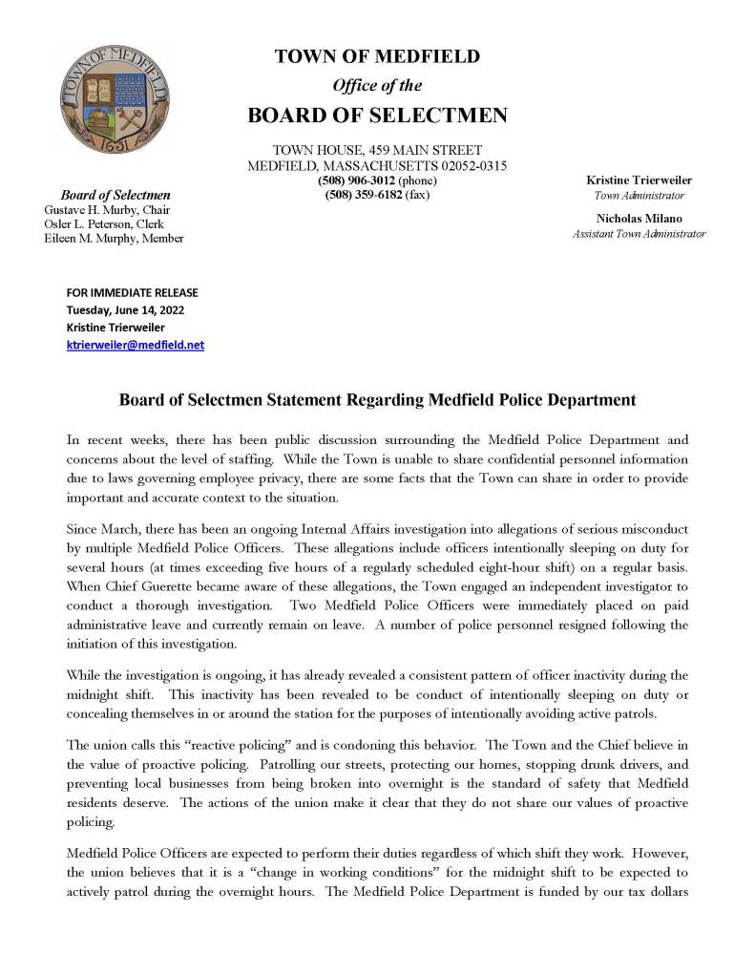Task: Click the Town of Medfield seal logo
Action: pyautogui.click(x=99, y=100)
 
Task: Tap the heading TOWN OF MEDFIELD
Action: pyautogui.click(x=377, y=57)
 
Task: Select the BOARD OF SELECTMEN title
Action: pyautogui.click(x=377, y=116)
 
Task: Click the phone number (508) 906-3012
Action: pyautogui.click(x=356, y=181)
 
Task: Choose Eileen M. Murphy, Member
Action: pyautogui.click(x=114, y=238)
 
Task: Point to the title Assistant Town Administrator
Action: pyautogui.click(x=639, y=234)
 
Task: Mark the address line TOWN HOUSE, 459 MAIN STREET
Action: pyautogui.click(x=377, y=150)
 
